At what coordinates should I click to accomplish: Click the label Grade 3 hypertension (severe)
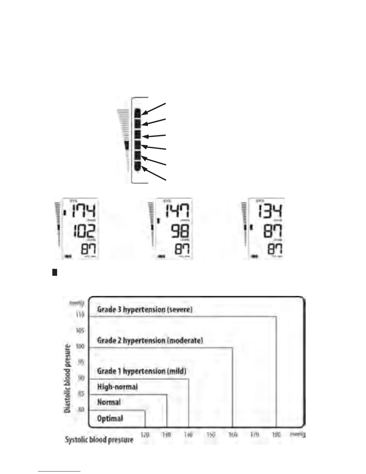(145, 309)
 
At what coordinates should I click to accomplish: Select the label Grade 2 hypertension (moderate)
(150, 341)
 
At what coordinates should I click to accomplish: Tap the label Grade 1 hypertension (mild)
(142, 371)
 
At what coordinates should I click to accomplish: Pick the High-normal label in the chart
(118, 387)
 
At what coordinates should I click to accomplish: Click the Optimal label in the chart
(110, 418)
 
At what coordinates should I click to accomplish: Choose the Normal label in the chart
(109, 402)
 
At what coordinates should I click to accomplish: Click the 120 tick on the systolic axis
(145, 434)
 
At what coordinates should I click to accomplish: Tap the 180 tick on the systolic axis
(276, 434)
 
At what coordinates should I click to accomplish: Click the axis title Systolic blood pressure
(99, 440)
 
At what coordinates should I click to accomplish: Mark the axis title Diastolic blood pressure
(68, 379)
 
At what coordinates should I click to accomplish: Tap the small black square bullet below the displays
(55, 272)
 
